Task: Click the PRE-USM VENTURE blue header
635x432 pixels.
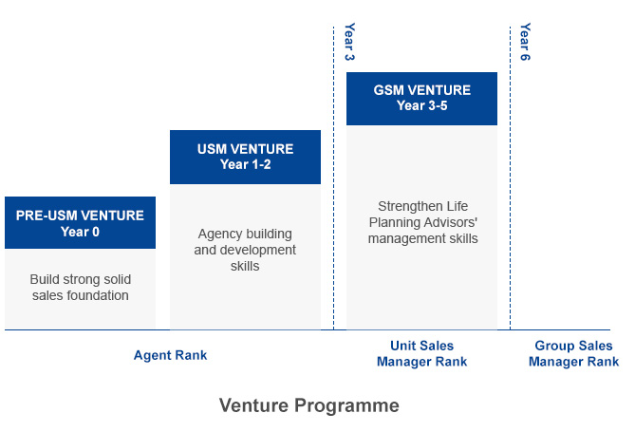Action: click(80, 222)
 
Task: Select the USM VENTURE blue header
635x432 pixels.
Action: click(245, 157)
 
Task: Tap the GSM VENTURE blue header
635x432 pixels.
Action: click(421, 98)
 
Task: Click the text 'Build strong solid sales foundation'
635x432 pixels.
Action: click(80, 288)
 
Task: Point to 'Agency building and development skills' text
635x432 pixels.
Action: click(245, 250)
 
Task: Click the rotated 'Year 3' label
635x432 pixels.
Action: click(348, 42)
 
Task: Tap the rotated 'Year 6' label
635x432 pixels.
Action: click(525, 42)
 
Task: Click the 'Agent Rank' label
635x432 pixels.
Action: click(170, 355)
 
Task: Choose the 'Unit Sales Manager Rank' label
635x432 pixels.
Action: click(421, 354)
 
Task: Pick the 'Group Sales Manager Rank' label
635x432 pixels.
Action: click(573, 354)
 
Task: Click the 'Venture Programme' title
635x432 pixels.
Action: click(309, 405)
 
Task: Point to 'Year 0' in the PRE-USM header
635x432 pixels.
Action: click(80, 231)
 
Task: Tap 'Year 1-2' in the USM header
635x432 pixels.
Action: click(245, 164)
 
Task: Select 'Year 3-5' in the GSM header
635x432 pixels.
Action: click(421, 105)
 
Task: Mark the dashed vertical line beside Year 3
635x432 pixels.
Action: click(333, 190)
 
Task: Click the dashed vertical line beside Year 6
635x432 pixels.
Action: click(510, 190)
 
